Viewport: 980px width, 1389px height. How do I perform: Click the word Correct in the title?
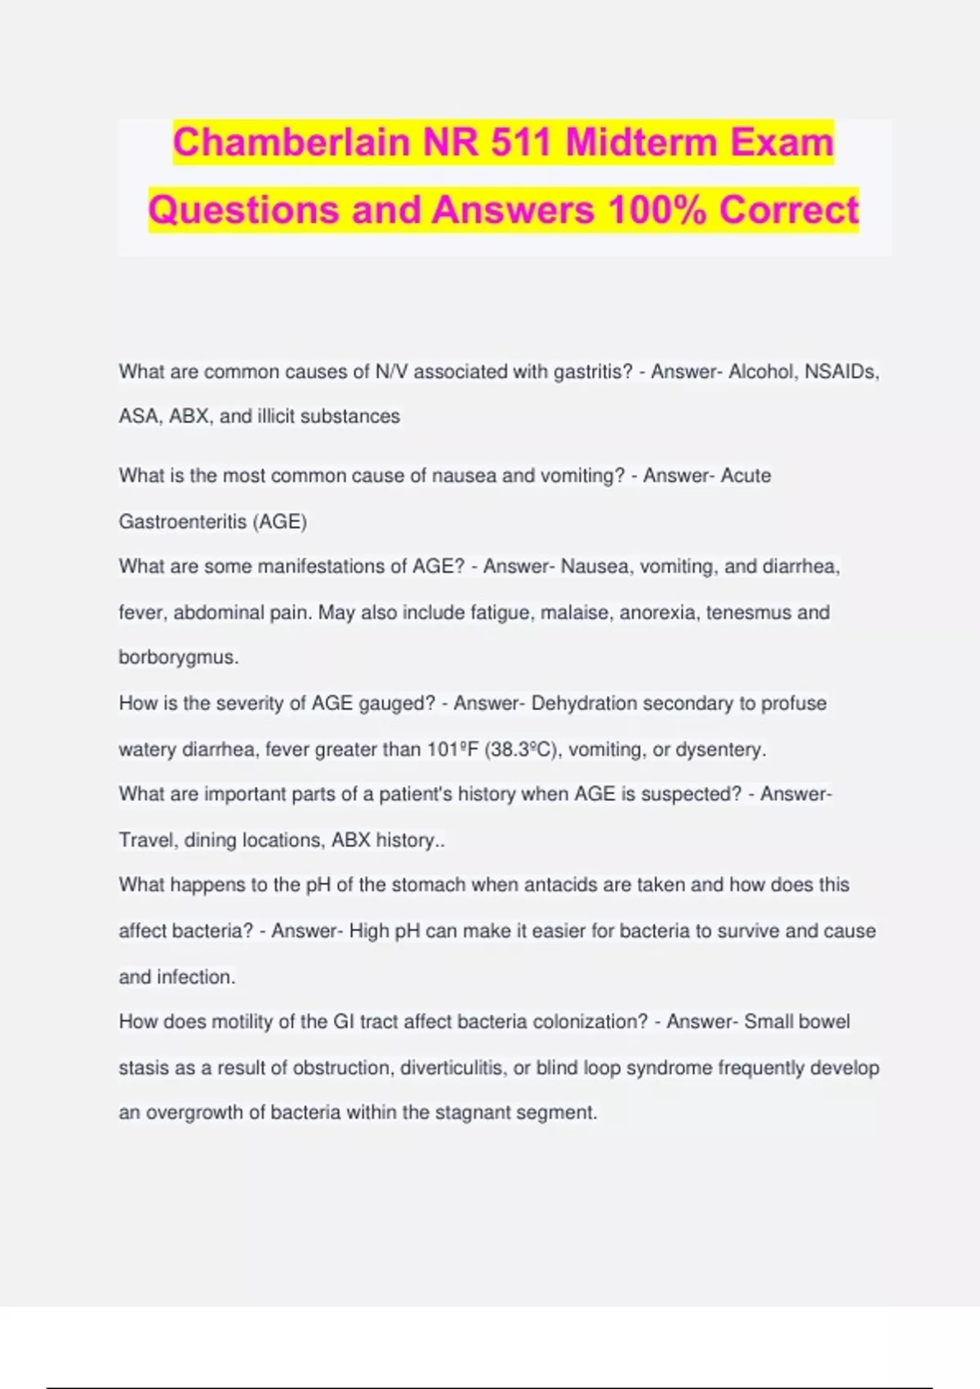click(789, 210)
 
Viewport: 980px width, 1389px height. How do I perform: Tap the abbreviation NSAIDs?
click(841, 372)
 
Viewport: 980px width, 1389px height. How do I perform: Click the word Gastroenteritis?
click(182, 521)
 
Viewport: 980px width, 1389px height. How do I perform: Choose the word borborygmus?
click(177, 658)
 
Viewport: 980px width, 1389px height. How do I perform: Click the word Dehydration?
click(584, 703)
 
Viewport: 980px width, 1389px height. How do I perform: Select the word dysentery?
click(719, 749)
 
